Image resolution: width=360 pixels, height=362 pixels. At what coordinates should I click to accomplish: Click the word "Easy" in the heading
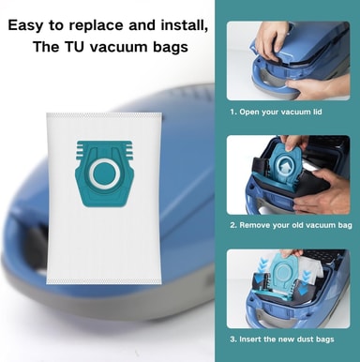pyautogui.click(x=25, y=25)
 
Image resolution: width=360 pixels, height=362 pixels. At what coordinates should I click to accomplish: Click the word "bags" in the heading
pyautogui.click(x=171, y=48)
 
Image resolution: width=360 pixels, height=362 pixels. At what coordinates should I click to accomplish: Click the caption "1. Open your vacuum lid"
pyautogui.click(x=276, y=112)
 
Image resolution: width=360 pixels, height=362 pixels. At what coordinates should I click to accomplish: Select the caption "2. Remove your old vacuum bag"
pyautogui.click(x=291, y=225)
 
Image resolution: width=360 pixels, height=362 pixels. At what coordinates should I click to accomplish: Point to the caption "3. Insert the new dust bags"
pyautogui.click(x=282, y=339)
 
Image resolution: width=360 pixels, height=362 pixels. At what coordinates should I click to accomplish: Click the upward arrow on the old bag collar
pyautogui.click(x=286, y=166)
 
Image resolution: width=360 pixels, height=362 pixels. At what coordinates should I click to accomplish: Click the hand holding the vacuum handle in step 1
pyautogui.click(x=317, y=87)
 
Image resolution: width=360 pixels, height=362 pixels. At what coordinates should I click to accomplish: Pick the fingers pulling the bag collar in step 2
pyautogui.click(x=292, y=143)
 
